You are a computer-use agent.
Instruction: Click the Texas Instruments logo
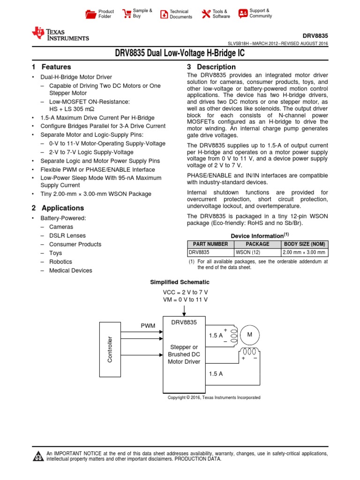pyautogui.click(x=60, y=34)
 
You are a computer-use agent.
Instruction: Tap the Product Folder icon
pyautogui.click(x=91, y=14)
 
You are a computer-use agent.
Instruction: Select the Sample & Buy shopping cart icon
pyautogui.click(x=126, y=14)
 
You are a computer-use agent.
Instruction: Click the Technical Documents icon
pyautogui.click(x=164, y=14)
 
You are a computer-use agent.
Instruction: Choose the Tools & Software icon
pyautogui.click(x=206, y=14)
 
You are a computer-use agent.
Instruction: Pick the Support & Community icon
pyautogui.click(x=243, y=13)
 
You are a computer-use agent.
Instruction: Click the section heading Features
pyautogui.click(x=56, y=67)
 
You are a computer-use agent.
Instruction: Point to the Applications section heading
pyautogui.click(x=63, y=208)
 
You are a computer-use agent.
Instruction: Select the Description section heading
pyautogui.click(x=216, y=67)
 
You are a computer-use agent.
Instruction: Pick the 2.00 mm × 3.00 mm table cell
pyautogui.click(x=304, y=252)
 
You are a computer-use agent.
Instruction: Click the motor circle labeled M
pyautogui.click(x=249, y=334)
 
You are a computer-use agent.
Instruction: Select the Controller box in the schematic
pyautogui.click(x=110, y=349)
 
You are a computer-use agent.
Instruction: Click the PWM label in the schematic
pyautogui.click(x=148, y=325)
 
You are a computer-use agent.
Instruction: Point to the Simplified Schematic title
pyautogui.click(x=180, y=282)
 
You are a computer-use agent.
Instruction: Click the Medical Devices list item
pyautogui.click(x=70, y=270)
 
